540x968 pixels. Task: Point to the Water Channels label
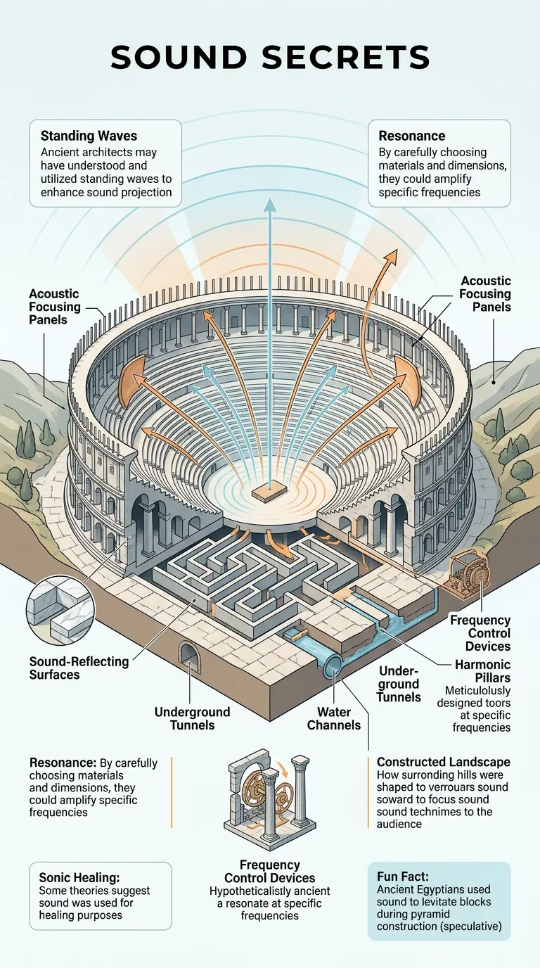[x=334, y=718]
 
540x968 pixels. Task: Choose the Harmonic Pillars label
[x=483, y=671]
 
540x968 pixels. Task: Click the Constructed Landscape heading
[x=444, y=762]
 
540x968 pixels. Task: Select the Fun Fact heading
[x=404, y=876]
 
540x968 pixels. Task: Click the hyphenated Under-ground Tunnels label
[x=399, y=683]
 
